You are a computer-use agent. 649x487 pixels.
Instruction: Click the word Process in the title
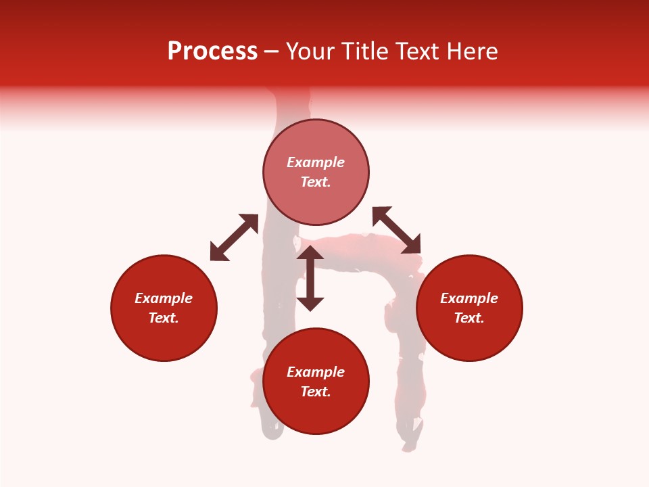(x=212, y=51)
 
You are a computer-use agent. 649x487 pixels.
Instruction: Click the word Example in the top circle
(x=316, y=162)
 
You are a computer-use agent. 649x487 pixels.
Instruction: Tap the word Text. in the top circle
(x=316, y=182)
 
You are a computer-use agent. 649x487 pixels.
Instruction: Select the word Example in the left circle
(x=164, y=298)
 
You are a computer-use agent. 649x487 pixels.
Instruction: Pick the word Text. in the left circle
(x=164, y=318)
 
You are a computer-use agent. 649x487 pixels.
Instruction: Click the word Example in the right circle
(x=469, y=298)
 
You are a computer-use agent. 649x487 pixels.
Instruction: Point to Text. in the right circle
(x=469, y=318)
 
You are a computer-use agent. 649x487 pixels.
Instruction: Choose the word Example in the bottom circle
(x=316, y=372)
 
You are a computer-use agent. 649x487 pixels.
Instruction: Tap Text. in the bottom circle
(x=316, y=392)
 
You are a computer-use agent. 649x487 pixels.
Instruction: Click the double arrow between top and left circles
(x=234, y=237)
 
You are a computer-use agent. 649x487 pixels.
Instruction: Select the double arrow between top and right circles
(x=397, y=230)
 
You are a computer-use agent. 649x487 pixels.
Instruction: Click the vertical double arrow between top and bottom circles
(x=310, y=278)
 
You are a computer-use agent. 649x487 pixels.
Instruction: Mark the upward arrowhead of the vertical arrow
(x=310, y=253)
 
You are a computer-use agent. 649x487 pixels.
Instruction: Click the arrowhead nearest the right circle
(x=412, y=245)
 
